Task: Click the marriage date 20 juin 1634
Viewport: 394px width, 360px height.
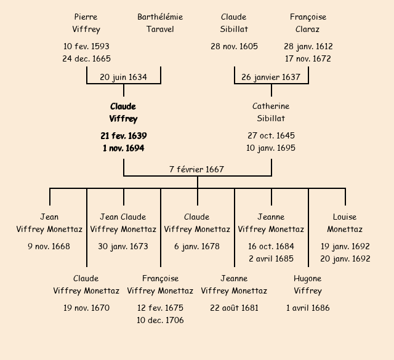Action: coord(123,77)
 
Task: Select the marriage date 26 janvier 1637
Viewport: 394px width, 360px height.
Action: coord(271,77)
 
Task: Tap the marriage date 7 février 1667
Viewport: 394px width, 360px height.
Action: coord(197,169)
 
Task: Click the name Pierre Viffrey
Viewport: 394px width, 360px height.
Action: coord(86,23)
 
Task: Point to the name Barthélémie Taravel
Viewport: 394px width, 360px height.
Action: coord(160,23)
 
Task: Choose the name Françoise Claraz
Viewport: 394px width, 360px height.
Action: coord(308,23)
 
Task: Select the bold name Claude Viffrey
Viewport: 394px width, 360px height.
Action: coord(123,113)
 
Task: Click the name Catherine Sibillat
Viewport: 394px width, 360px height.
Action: coord(271,113)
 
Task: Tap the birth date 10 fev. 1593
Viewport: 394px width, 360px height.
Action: coord(86,46)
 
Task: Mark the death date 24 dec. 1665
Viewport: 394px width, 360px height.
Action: coord(86,58)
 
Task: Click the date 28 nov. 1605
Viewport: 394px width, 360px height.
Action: coord(234,46)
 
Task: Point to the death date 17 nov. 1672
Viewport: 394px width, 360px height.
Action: coord(308,58)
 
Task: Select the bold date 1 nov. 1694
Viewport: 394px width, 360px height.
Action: coord(123,148)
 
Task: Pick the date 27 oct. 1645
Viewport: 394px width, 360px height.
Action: coord(271,135)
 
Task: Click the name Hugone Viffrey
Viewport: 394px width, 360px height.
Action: coord(308,284)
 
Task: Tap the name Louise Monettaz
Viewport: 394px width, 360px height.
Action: coord(345,223)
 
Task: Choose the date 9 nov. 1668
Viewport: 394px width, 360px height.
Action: coord(49,246)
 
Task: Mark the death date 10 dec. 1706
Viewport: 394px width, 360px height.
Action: coord(160,320)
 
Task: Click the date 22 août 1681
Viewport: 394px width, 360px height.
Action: coord(234,308)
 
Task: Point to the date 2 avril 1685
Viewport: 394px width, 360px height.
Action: coord(271,258)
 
